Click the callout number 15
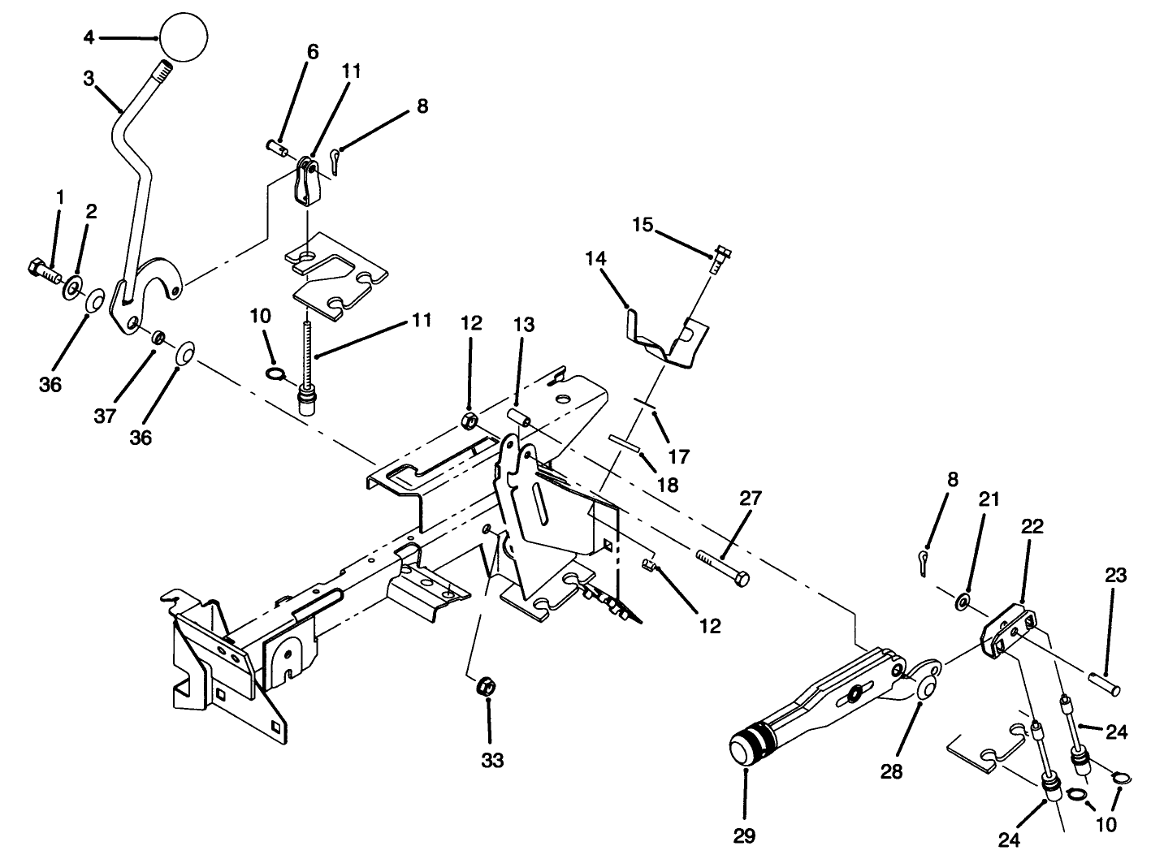click(643, 224)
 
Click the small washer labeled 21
click(962, 601)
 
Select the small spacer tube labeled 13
click(519, 417)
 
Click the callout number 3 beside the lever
click(89, 79)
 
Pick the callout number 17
click(678, 456)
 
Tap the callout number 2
click(91, 211)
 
